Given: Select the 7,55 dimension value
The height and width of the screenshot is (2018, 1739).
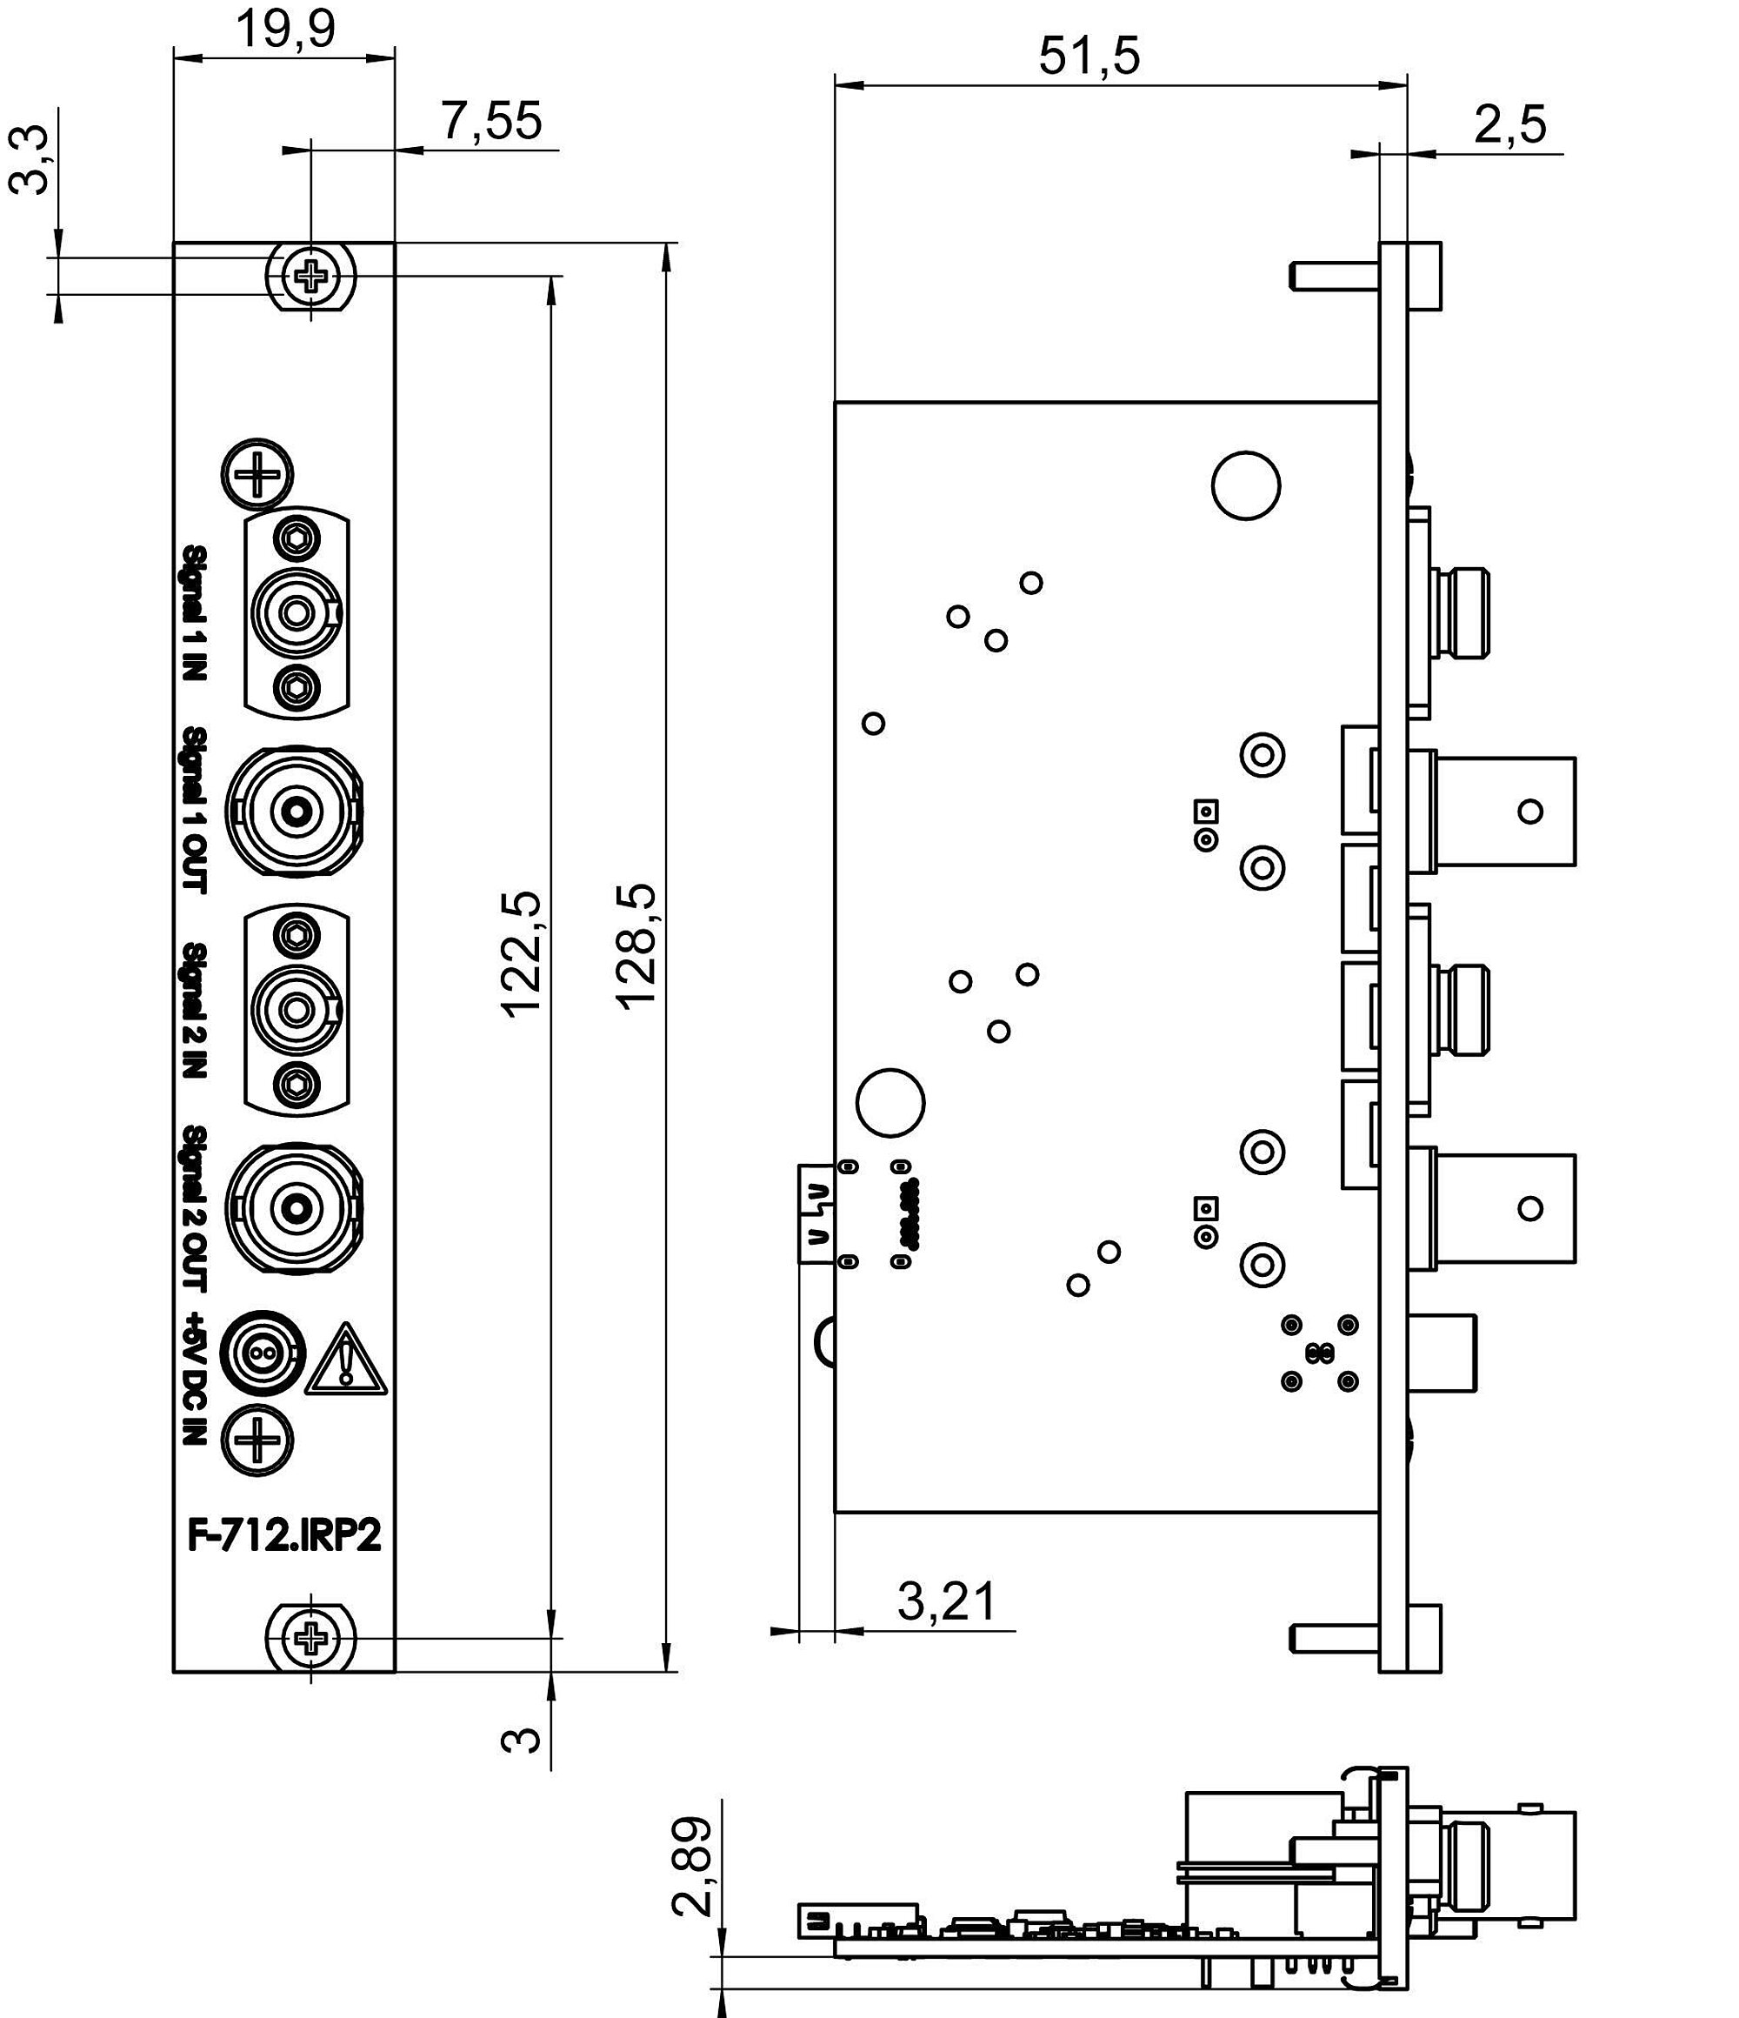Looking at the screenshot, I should [x=490, y=122].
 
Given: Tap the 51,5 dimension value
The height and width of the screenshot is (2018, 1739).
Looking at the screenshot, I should [x=1088, y=56].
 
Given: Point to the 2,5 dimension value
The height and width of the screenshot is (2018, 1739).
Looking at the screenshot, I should [x=1509, y=124].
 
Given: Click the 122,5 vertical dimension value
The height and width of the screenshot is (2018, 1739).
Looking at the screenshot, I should [x=522, y=953].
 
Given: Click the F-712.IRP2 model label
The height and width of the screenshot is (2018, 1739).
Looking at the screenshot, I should [x=284, y=1536].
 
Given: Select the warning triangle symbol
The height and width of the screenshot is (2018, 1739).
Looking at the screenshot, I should [x=347, y=1359].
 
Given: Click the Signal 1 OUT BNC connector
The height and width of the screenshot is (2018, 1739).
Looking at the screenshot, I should [x=295, y=809].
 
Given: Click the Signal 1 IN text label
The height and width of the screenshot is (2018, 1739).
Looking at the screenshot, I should [x=196, y=612].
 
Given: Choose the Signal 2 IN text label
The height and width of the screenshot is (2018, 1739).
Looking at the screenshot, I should [x=196, y=1010].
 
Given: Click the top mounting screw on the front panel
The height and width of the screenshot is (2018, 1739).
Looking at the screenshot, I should [x=311, y=277].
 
